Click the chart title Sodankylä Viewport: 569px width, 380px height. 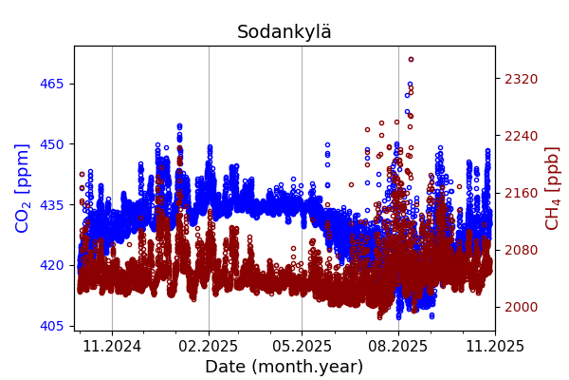tap(284, 32)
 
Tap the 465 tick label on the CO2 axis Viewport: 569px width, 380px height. tap(51, 84)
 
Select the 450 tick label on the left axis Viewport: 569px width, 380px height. tap(51, 144)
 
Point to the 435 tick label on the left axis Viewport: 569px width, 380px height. tap(51, 204)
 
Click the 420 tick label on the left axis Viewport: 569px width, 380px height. tap(51, 265)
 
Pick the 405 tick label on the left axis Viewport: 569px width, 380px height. tap(51, 326)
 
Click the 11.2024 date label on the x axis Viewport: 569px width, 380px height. tap(112, 347)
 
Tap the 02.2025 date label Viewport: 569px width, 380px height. tap(209, 347)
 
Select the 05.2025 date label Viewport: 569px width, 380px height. tap(302, 347)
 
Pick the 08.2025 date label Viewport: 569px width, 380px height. tap(398, 347)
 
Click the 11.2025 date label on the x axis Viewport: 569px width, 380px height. tap(494, 347)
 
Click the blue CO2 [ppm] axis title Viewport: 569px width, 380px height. tap(24, 188)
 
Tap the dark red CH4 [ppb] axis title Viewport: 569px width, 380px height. tap(553, 188)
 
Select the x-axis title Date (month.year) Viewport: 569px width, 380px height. tap(284, 367)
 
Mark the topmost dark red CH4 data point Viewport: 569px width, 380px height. tap(411, 59)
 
